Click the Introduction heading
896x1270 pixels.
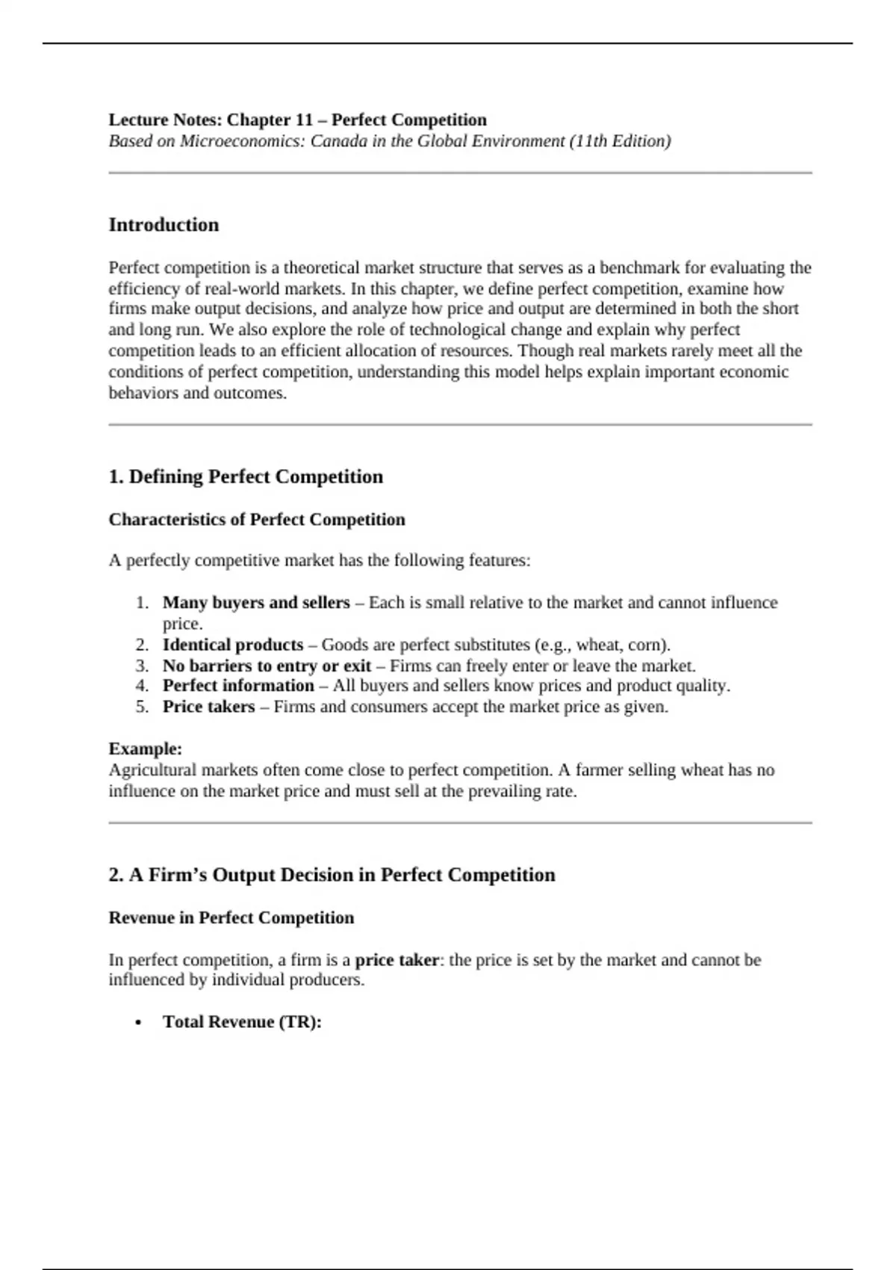point(164,225)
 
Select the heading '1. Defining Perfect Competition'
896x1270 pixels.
point(246,477)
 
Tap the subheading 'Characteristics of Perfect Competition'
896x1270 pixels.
point(257,519)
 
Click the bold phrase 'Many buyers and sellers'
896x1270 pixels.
point(256,602)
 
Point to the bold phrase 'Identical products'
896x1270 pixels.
point(233,645)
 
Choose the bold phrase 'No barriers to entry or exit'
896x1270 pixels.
point(267,666)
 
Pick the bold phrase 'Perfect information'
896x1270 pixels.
point(238,686)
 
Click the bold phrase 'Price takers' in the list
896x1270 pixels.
point(208,707)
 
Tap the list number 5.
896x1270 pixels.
point(142,707)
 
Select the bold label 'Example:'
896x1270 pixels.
point(146,749)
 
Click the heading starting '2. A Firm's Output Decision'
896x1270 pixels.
point(332,875)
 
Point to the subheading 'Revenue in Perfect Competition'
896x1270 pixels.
point(231,917)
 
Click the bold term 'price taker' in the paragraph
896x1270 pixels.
point(396,960)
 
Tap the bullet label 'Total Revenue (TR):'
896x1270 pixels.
point(242,1022)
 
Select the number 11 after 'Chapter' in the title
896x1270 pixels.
point(305,120)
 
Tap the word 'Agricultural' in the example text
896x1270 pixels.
point(152,770)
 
